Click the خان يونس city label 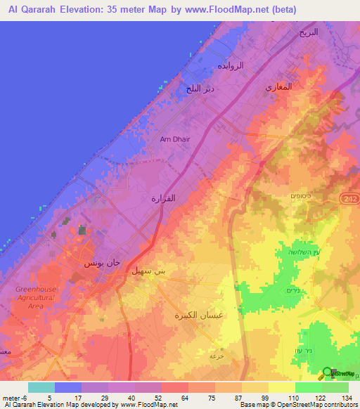pyautogui.click(x=96, y=263)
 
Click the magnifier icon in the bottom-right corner pyautogui.click(x=327, y=373)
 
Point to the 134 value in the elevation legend pyautogui.click(x=347, y=397)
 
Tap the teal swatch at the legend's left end pyautogui.click(x=41, y=387)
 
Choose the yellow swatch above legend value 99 pyautogui.click(x=255, y=387)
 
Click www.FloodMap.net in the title pyautogui.click(x=228, y=10)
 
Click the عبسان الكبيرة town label pyautogui.click(x=199, y=316)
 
